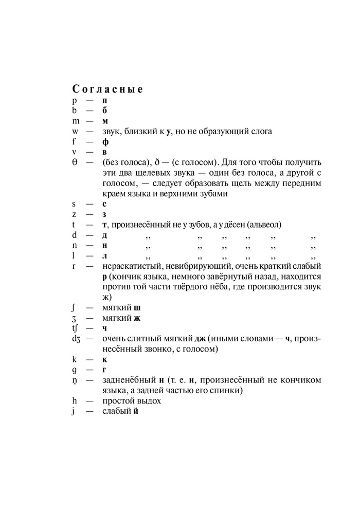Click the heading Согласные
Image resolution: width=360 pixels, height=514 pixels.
(107, 88)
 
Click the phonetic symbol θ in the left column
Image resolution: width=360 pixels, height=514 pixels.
(75, 163)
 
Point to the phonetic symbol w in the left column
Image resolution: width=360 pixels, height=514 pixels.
(75, 131)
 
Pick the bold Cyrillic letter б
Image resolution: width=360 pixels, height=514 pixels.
(104, 110)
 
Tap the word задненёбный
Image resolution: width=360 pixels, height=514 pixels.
(129, 380)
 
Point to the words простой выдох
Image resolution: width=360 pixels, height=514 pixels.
(132, 401)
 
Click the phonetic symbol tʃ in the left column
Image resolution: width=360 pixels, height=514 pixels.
(75, 328)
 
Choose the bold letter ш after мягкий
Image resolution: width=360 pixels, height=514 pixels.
(137, 308)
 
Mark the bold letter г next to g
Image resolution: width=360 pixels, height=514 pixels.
(104, 370)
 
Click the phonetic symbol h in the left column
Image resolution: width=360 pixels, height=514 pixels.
(75, 401)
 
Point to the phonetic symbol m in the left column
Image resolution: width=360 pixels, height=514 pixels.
(76, 121)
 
